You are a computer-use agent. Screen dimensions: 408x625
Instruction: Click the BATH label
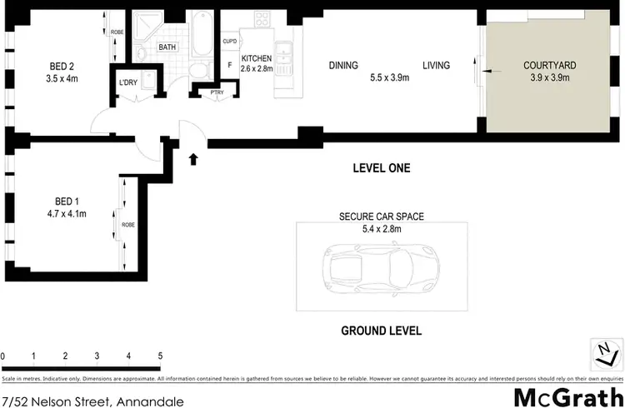[167, 47]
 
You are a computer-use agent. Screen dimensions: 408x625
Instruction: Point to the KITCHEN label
[257, 57]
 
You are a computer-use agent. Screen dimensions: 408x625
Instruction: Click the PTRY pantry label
[205, 92]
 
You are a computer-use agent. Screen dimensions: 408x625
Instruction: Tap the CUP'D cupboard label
[230, 41]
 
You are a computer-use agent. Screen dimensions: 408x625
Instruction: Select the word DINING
[343, 66]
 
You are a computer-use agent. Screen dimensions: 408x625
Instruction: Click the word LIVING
[436, 66]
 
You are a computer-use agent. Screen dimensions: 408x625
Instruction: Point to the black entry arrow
[194, 158]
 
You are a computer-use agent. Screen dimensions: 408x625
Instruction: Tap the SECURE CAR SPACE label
[381, 216]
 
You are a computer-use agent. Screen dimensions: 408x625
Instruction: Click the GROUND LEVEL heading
[381, 331]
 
